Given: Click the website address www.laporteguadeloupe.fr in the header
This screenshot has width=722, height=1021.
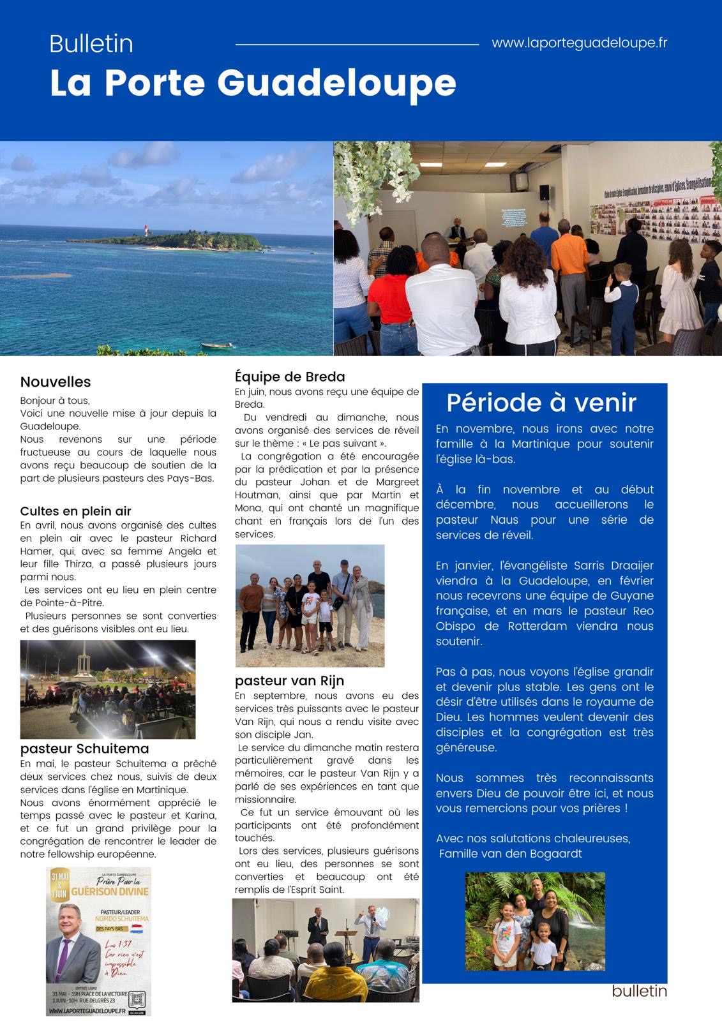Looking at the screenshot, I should pyautogui.click(x=579, y=43).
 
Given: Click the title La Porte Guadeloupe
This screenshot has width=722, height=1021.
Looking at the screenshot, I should pyautogui.click(x=253, y=83).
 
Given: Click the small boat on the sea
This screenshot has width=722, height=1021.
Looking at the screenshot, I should pyautogui.click(x=217, y=345).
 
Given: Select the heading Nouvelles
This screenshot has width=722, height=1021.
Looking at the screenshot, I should pyautogui.click(x=56, y=382).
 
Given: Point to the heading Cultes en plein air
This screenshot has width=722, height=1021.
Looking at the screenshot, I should pyautogui.click(x=75, y=511).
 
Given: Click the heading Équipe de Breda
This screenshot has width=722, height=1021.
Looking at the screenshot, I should pyautogui.click(x=289, y=376).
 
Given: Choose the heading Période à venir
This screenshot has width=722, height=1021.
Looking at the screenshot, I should pyautogui.click(x=541, y=402).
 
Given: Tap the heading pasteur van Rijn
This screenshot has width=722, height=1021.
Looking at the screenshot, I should pyautogui.click(x=289, y=680).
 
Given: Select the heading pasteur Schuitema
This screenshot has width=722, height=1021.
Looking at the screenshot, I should pyautogui.click(x=84, y=749).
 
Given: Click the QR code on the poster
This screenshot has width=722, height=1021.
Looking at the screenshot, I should pyautogui.click(x=137, y=999).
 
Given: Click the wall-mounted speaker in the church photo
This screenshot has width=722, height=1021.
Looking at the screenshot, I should pyautogui.click(x=544, y=192).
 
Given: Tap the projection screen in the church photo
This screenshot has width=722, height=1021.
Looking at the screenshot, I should pyautogui.click(x=514, y=216).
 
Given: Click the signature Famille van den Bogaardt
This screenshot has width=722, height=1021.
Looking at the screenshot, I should pyautogui.click(x=511, y=853).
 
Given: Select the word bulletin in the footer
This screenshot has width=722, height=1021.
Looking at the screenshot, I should pyautogui.click(x=639, y=990).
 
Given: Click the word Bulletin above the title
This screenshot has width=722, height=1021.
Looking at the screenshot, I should pyautogui.click(x=91, y=43).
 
